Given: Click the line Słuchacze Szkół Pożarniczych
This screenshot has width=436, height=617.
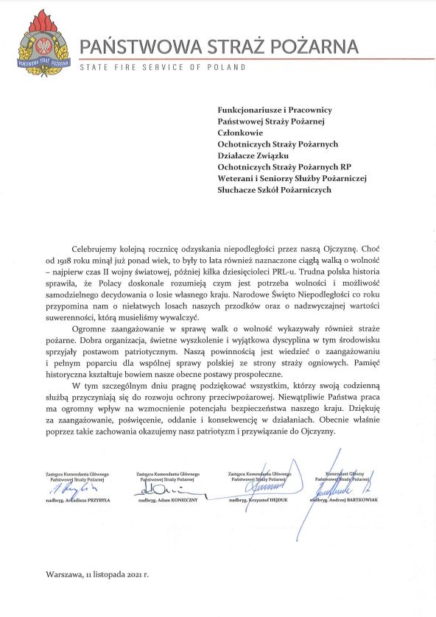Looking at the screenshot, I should (x=275, y=189).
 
